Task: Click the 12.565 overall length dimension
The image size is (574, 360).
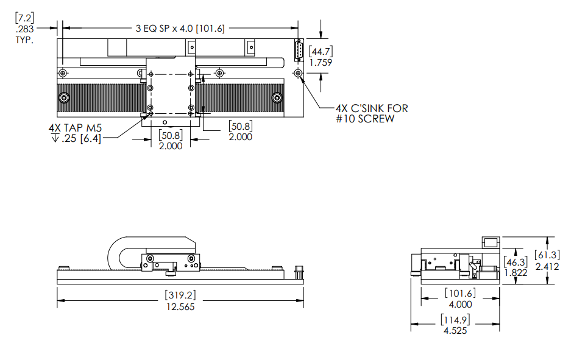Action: click(180, 306)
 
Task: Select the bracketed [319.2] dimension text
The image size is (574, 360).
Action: click(180, 295)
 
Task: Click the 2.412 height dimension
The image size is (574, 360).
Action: click(547, 266)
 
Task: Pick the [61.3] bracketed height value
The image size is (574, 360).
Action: click(547, 255)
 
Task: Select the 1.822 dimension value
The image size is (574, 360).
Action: click(516, 272)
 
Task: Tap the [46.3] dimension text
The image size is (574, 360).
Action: click(516, 261)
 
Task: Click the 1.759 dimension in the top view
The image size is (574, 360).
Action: click(321, 62)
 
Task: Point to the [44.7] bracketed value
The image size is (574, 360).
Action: click(321, 51)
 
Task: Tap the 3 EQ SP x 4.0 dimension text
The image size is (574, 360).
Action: click(180, 28)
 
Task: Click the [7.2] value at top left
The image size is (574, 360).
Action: click(24, 18)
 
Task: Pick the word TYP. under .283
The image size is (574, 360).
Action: click(24, 40)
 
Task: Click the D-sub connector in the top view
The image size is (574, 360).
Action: click(298, 51)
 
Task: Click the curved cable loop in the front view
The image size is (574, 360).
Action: click(116, 251)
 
